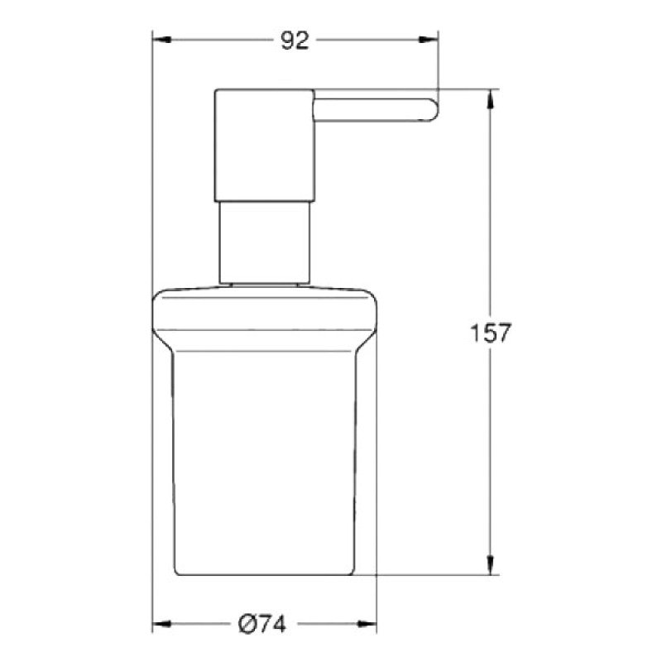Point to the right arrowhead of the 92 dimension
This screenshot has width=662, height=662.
click(x=431, y=39)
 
